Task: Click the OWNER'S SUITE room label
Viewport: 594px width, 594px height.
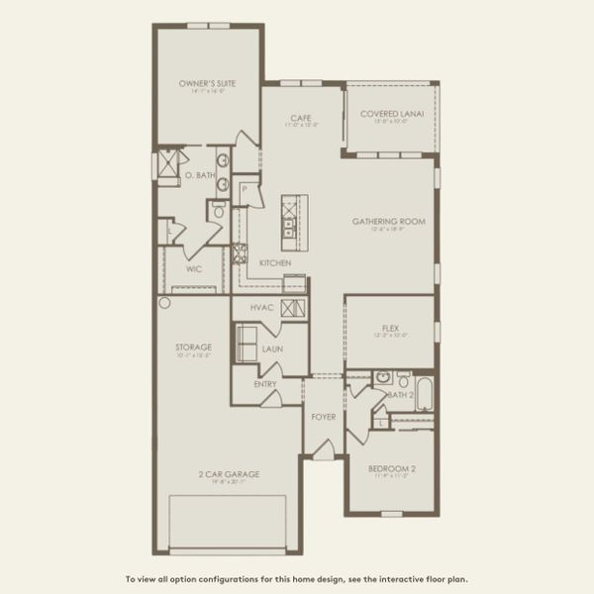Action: pyautogui.click(x=207, y=84)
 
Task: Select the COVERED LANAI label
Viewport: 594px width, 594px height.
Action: pyautogui.click(x=392, y=114)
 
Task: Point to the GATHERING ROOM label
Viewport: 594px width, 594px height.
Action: pyautogui.click(x=389, y=222)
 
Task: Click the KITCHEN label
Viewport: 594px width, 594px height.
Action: pyautogui.click(x=274, y=262)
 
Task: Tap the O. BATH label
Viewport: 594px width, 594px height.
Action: pyautogui.click(x=200, y=175)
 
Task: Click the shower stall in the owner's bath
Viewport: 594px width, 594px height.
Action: pyautogui.click(x=168, y=162)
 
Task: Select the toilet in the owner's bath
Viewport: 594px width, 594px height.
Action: pyautogui.click(x=219, y=210)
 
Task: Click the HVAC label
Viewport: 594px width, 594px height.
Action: pyautogui.click(x=261, y=308)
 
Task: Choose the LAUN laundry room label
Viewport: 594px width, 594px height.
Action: pyautogui.click(x=272, y=348)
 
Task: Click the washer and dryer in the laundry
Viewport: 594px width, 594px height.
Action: pyautogui.click(x=246, y=344)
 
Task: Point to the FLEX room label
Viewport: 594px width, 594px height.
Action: pyautogui.click(x=389, y=328)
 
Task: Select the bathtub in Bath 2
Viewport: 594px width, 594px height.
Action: pyautogui.click(x=424, y=394)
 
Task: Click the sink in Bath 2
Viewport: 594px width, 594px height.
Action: pyautogui.click(x=382, y=378)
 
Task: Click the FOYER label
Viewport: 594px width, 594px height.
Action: pyautogui.click(x=322, y=417)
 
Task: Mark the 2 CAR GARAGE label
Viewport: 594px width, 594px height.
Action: pyautogui.click(x=228, y=475)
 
